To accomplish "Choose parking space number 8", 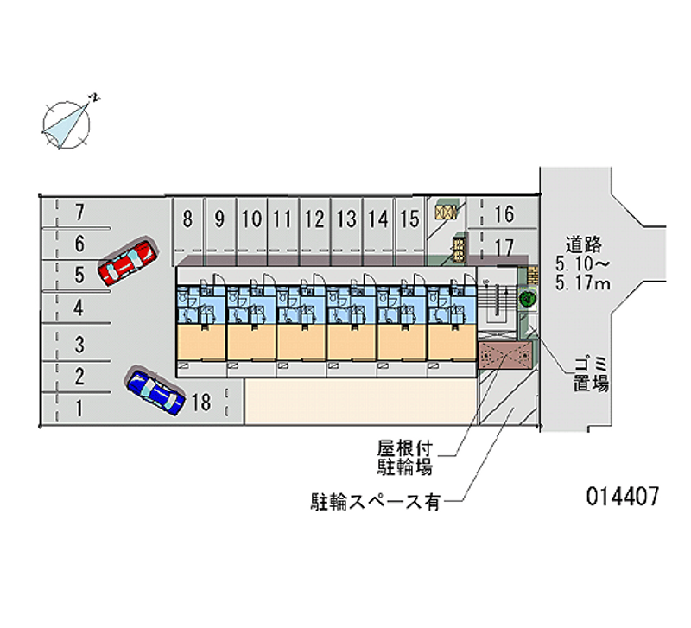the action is pos(188,219).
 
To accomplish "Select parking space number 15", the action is pos(409,219).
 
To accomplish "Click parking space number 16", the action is pos(504,213).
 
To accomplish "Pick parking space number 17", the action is pos(504,247).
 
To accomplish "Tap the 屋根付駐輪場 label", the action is pos(404,458).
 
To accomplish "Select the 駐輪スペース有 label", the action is pos(376,501).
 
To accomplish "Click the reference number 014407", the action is pos(623,497).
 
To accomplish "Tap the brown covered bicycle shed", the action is pos(505,355).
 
